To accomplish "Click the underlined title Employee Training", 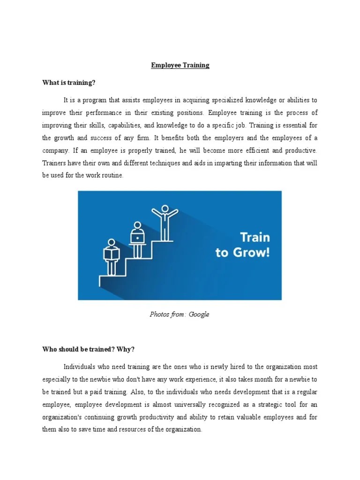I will pos(180,65).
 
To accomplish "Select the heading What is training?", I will pos(68,83).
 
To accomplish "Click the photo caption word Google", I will pos(199,314).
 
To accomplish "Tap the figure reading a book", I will pos(111,256).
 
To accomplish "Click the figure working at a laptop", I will pos(137,239).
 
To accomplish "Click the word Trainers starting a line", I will pos(54,164).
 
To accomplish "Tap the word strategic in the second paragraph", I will pos(276,404).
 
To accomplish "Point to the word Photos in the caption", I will pos(159,314).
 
